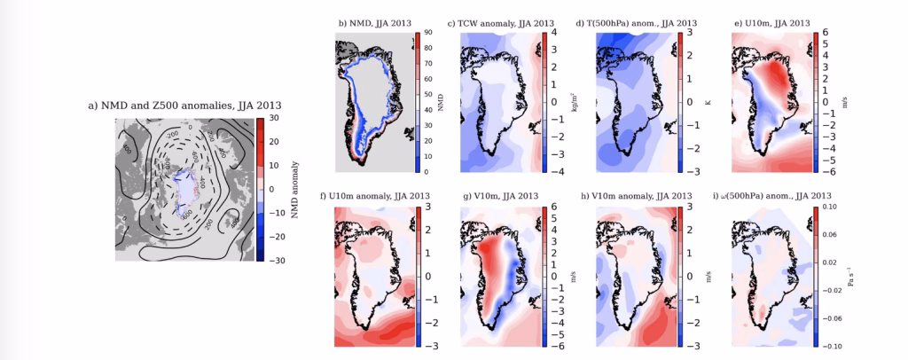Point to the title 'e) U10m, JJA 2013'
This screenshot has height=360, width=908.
tap(769, 22)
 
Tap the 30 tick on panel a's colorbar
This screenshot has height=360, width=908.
tap(274, 118)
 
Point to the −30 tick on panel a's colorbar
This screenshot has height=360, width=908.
tap(276, 261)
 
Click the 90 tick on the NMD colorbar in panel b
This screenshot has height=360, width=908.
tap(427, 32)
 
